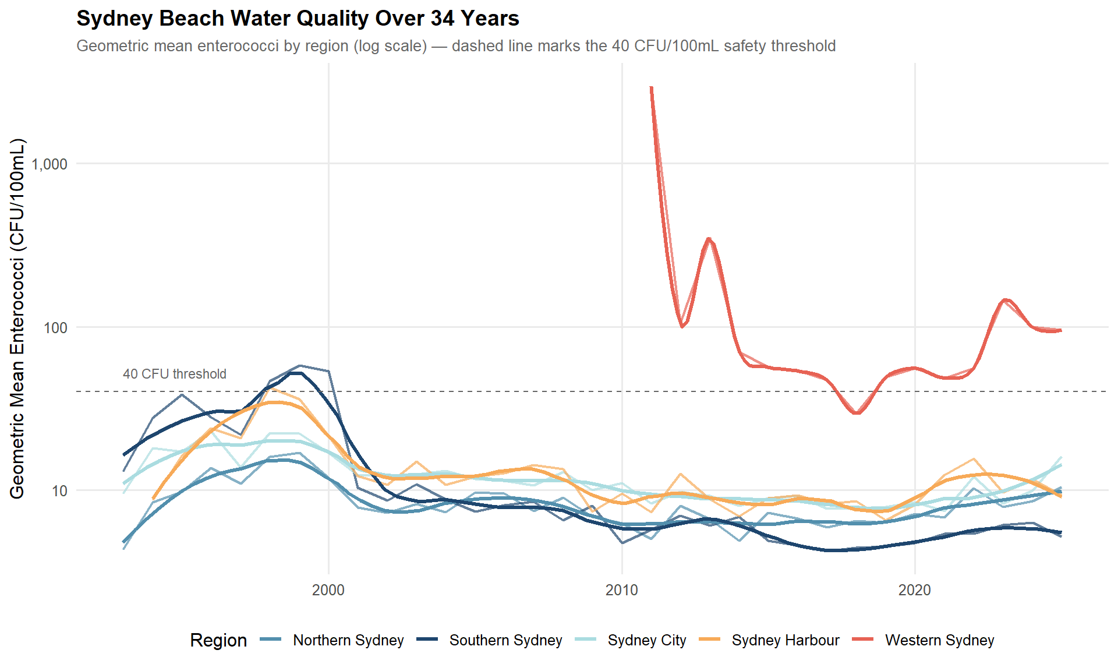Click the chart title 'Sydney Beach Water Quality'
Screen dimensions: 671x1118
coord(297,19)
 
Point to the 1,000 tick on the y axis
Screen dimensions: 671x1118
coord(49,164)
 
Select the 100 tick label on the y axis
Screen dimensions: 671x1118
coord(56,328)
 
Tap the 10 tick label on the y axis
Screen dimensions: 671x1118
coord(60,491)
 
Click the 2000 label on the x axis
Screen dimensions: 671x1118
coord(328,590)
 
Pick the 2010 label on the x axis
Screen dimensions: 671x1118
coord(622,590)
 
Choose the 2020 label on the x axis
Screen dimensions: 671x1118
coord(915,590)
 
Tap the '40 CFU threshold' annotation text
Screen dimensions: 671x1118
coord(175,374)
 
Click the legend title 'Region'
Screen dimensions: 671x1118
coord(218,640)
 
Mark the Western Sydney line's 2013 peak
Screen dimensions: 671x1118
coord(709,238)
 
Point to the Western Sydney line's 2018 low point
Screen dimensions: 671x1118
coord(857,413)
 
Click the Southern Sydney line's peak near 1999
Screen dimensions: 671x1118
coord(296,373)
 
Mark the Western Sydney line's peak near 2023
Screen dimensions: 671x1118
coord(1004,299)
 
